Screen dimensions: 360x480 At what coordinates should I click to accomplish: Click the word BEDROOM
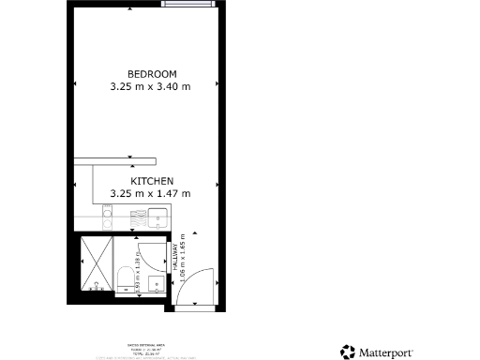pyautogui.click(x=151, y=73)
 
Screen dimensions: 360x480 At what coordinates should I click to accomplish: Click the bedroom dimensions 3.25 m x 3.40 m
pyautogui.click(x=151, y=86)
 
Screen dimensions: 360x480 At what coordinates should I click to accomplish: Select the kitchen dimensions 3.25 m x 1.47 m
pyautogui.click(x=151, y=193)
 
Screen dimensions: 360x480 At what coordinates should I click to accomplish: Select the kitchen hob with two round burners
pyautogui.click(x=107, y=218)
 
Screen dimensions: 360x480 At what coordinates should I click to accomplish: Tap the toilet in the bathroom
pyautogui.click(x=124, y=276)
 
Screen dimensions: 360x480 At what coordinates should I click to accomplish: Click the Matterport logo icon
pyautogui.click(x=348, y=352)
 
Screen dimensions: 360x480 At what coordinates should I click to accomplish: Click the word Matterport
pyautogui.click(x=391, y=352)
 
